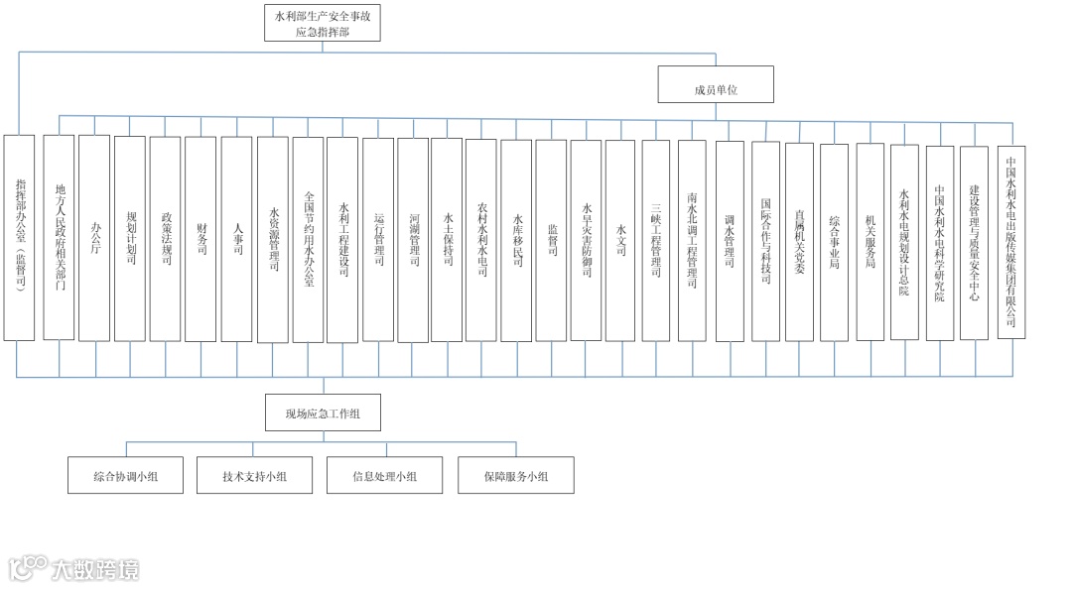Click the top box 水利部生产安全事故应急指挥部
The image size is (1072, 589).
click(323, 23)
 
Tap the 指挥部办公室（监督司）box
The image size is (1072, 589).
click(19, 238)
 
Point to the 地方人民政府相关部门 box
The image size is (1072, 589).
click(60, 238)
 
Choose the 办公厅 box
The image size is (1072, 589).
click(95, 238)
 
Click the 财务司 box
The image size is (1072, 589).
click(201, 238)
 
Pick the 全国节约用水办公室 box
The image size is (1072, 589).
click(309, 238)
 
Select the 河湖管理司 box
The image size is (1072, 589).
click(413, 239)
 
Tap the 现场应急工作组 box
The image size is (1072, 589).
click(323, 412)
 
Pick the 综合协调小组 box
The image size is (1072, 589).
click(126, 476)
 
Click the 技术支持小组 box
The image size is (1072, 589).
click(255, 476)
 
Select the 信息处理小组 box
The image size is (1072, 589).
click(384, 476)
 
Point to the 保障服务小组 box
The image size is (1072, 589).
click(515, 476)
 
